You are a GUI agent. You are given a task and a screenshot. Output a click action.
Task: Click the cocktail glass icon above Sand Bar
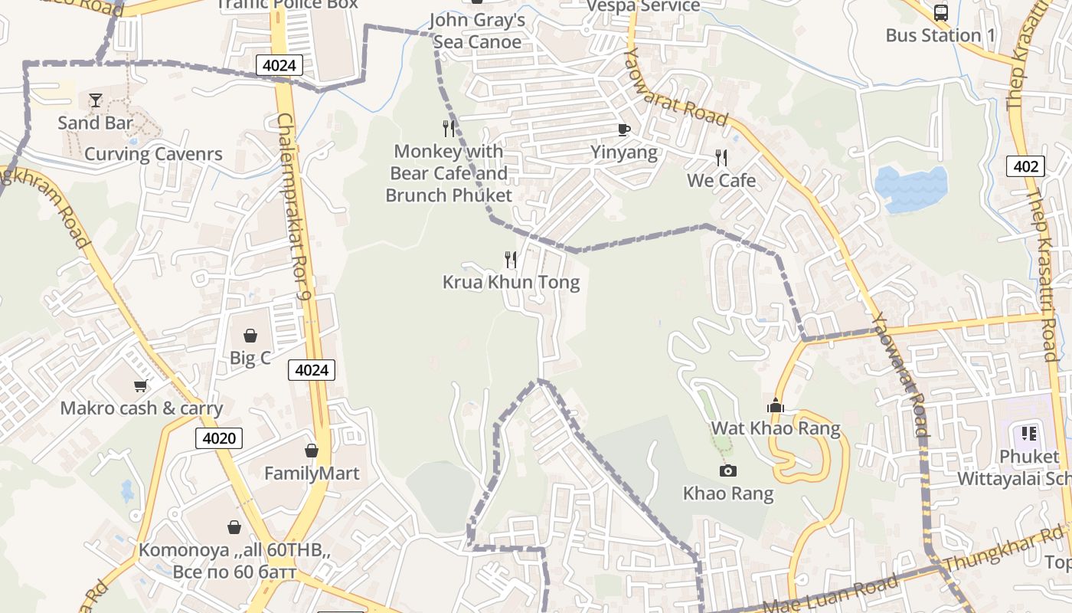(x=95, y=100)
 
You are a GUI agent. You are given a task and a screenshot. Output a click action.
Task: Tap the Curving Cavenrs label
(x=153, y=154)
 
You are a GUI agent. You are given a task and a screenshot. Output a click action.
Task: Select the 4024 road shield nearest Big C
(x=312, y=371)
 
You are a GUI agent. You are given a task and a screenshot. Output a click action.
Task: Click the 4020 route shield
(x=219, y=438)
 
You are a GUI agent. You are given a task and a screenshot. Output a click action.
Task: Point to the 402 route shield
(x=1025, y=166)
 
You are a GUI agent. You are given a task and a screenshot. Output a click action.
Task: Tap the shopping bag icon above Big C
(x=250, y=336)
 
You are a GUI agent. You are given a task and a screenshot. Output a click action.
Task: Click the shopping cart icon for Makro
(x=140, y=385)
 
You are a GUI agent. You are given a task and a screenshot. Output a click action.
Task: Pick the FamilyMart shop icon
(x=312, y=451)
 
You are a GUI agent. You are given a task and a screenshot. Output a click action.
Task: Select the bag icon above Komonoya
(x=234, y=527)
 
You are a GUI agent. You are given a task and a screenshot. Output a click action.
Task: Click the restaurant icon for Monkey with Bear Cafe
(x=449, y=128)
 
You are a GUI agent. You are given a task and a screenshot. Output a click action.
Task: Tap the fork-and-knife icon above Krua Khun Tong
(x=511, y=260)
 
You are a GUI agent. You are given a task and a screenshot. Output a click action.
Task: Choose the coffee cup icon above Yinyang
(x=623, y=129)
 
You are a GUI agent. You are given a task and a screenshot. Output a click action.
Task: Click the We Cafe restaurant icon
(x=721, y=158)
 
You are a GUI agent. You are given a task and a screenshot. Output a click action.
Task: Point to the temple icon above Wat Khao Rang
(x=775, y=405)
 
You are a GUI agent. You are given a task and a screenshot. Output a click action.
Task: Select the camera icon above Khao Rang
(x=727, y=470)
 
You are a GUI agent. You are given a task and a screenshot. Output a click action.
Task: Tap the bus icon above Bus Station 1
(x=940, y=12)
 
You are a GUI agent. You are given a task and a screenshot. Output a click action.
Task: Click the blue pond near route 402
(x=910, y=187)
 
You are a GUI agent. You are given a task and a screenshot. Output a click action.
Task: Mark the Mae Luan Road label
(x=832, y=593)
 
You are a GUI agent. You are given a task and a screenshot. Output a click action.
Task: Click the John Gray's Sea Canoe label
(x=477, y=31)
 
